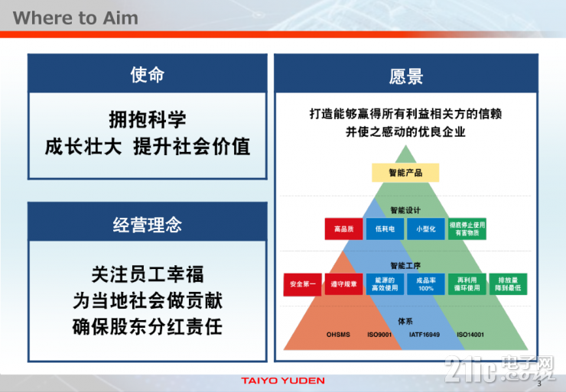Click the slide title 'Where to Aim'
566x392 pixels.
tap(76, 18)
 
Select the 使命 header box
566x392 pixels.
tap(148, 75)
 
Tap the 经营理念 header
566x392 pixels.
tap(148, 224)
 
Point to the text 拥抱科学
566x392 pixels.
tap(148, 120)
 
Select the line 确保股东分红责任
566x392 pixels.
tap(148, 327)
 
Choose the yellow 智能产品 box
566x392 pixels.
tap(405, 173)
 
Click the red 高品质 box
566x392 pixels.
tap(343, 228)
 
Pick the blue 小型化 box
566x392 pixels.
tap(426, 228)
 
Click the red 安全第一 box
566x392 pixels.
tap(302, 284)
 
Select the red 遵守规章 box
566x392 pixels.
tap(343, 284)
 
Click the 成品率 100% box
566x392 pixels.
tap(426, 284)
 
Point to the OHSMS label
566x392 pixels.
tap(338, 335)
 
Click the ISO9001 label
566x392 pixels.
tap(380, 335)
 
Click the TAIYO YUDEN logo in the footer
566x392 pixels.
tap(282, 381)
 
